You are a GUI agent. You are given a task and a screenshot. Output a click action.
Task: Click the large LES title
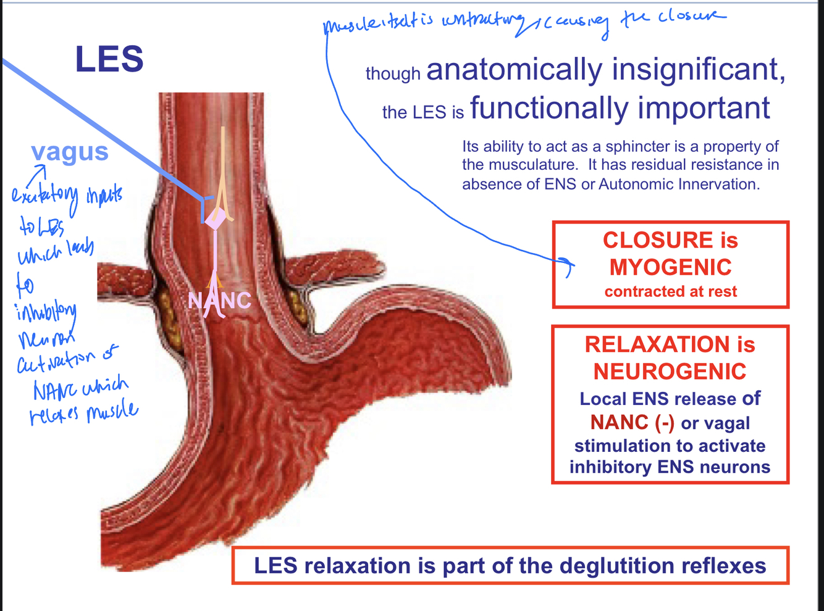tap(109, 59)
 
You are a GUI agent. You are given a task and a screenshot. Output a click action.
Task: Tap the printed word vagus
tap(70, 152)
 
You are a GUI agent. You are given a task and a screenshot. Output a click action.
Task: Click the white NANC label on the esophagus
tap(219, 301)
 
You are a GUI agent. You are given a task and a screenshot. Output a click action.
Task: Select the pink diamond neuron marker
tap(215, 218)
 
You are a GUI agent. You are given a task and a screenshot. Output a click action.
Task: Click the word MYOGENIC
tap(670, 267)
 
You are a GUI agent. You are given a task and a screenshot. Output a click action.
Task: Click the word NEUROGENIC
tap(670, 372)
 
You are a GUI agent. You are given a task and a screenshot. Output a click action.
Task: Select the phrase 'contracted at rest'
tap(670, 291)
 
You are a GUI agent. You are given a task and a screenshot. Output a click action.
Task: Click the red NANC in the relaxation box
tap(620, 423)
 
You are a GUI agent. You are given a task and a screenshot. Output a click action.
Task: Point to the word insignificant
tap(698, 69)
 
